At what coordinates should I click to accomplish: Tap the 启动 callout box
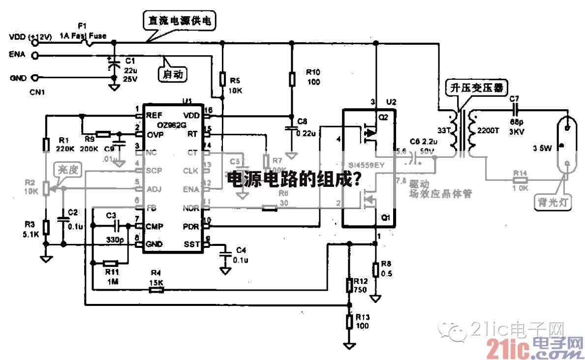pos(173,74)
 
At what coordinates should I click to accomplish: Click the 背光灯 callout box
pos(553,202)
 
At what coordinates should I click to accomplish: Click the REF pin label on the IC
pos(154,115)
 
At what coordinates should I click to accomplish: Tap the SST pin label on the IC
pos(192,244)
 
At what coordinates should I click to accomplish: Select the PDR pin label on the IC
pos(191,226)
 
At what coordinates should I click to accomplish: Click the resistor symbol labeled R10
pos(292,78)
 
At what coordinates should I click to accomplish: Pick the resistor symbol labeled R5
pos(222,79)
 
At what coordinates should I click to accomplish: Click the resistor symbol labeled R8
pos(376,269)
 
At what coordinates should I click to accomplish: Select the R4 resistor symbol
pos(156,290)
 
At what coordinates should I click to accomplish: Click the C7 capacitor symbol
pos(515,111)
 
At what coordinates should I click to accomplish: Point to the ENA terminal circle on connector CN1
pos(34,56)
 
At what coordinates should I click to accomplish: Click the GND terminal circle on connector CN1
pos(34,78)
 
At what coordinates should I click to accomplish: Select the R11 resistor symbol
pos(111,264)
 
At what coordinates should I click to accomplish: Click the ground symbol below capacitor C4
pos(225,270)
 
